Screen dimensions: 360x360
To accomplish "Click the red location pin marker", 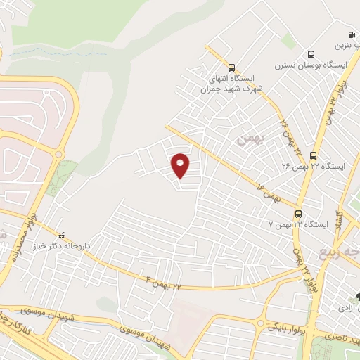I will click(x=181, y=165).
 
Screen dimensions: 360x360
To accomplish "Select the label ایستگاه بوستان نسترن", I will click(x=311, y=65).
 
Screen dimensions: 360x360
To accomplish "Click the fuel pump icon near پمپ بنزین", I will click(x=351, y=34).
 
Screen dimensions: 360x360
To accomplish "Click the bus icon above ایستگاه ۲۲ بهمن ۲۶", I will click(x=313, y=155).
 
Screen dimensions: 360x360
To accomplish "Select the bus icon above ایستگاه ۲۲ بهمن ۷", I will click(x=299, y=213).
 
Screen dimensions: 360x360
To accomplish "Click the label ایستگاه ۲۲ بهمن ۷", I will click(x=299, y=224).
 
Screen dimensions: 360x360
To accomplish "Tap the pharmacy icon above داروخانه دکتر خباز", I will click(x=60, y=236).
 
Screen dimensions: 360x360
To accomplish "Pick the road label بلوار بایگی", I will click(x=286, y=326).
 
